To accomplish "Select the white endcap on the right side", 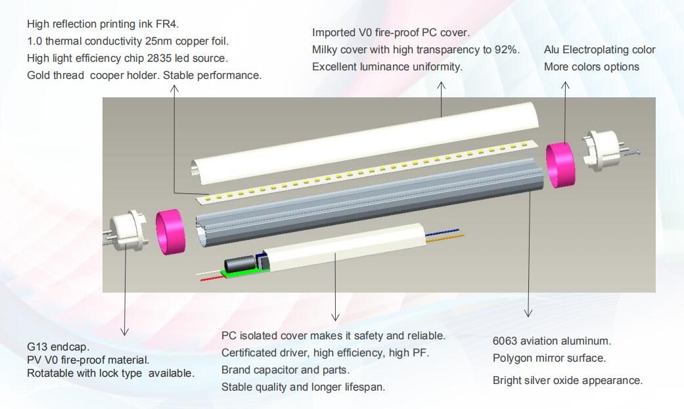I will coord(601,149).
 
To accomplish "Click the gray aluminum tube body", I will coord(368,201).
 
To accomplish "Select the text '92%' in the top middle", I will coord(509,50).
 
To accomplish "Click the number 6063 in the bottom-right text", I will coord(506,341).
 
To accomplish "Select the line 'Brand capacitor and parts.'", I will coord(285,370).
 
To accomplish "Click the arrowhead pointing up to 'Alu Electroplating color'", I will coord(565,85).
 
